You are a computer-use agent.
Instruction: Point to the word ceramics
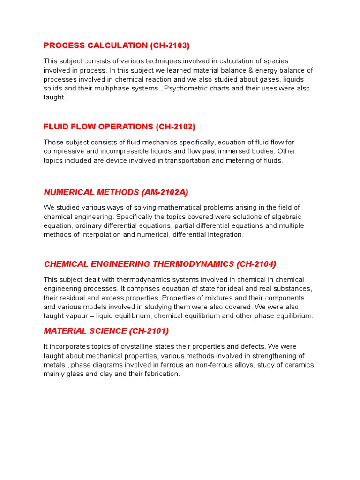tap(297, 365)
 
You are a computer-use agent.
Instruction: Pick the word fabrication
tap(160, 374)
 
